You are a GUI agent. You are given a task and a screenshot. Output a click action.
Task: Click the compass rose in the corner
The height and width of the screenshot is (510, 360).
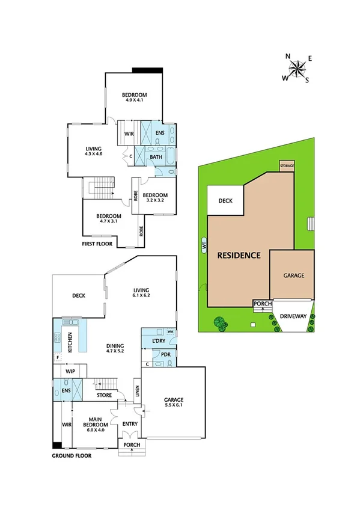point(297,67)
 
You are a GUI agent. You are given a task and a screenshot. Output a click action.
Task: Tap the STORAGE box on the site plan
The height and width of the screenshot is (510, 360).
point(287,165)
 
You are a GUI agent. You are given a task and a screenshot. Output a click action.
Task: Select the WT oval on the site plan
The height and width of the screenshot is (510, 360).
point(204,245)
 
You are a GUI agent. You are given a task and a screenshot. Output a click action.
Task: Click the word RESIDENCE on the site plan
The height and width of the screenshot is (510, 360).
point(239,255)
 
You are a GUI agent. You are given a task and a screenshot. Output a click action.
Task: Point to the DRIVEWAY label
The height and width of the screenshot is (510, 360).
point(293,316)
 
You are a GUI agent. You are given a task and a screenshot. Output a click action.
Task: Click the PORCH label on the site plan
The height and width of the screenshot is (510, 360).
point(263,304)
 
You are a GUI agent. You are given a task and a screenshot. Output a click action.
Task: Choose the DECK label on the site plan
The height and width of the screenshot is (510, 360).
point(225,201)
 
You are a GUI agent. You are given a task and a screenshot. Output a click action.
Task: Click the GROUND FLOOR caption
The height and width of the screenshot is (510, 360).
point(72,456)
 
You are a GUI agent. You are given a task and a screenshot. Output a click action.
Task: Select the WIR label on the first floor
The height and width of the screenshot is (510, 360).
point(129,134)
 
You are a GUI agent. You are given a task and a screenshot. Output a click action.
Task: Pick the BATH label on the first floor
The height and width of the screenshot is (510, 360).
point(156,158)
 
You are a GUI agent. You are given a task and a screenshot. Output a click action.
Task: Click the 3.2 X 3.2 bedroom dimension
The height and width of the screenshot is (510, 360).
point(154,200)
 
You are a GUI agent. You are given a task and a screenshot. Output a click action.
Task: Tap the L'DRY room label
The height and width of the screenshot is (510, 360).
point(159,342)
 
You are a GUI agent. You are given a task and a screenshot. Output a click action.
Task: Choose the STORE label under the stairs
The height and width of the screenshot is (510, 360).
point(105,395)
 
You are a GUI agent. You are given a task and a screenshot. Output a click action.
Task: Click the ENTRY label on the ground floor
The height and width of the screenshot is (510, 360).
point(130,424)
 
